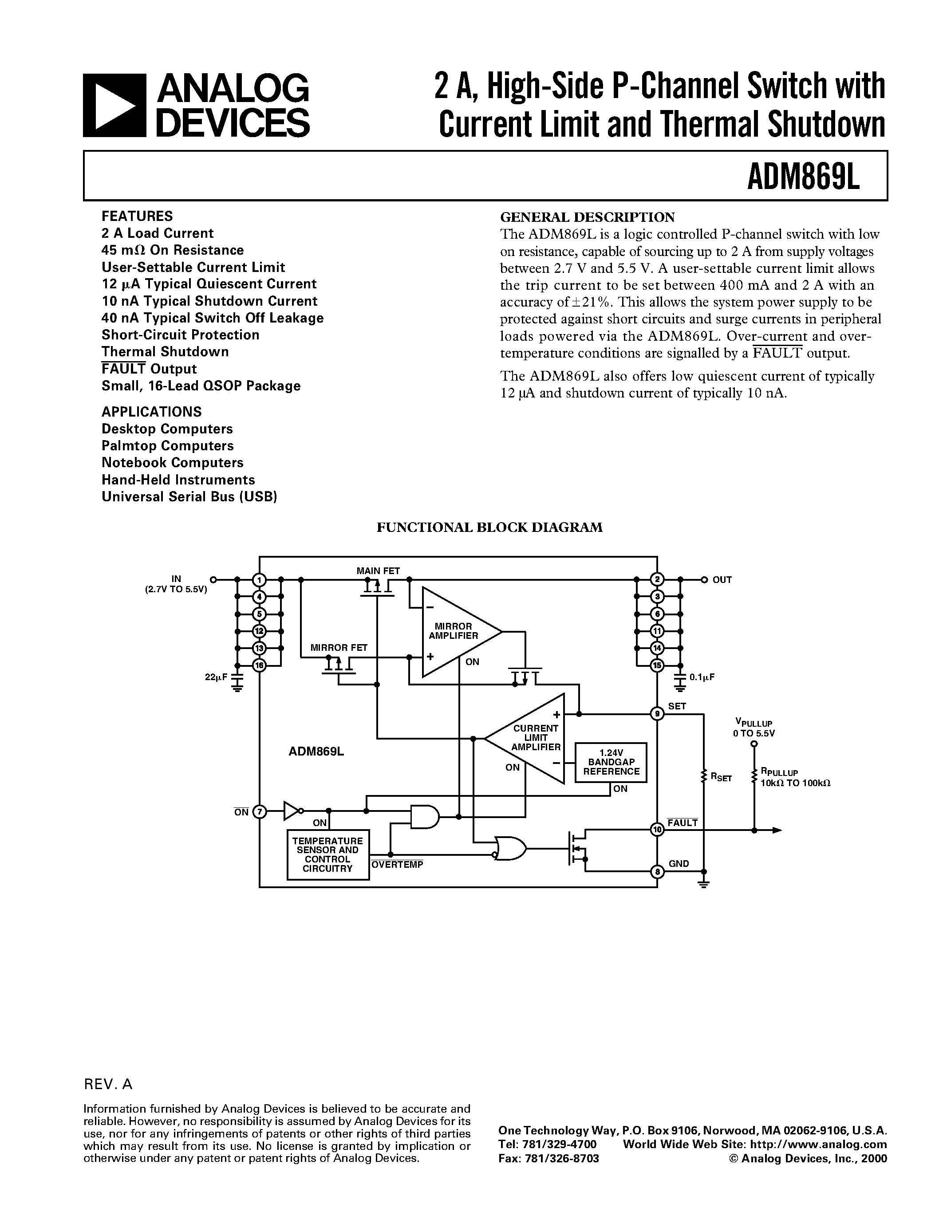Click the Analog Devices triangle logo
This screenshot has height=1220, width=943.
pyautogui.click(x=114, y=106)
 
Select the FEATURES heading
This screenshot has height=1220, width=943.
pyautogui.click(x=137, y=216)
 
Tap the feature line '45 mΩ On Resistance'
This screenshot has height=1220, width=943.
pyautogui.click(x=173, y=250)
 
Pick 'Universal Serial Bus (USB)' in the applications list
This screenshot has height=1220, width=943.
pyautogui.click(x=189, y=496)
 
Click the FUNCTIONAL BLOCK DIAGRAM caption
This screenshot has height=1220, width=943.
pyautogui.click(x=489, y=527)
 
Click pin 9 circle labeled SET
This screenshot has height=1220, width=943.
pyautogui.click(x=657, y=714)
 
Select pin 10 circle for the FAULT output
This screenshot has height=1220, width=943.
pyautogui.click(x=657, y=830)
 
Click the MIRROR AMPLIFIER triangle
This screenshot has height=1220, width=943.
pyautogui.click(x=455, y=632)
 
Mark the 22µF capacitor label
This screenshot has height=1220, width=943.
pyautogui.click(x=216, y=677)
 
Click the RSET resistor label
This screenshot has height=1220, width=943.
pyautogui.click(x=721, y=777)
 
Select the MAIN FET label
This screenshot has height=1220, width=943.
pyautogui.click(x=378, y=571)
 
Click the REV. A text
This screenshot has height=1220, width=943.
pyautogui.click(x=108, y=1084)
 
